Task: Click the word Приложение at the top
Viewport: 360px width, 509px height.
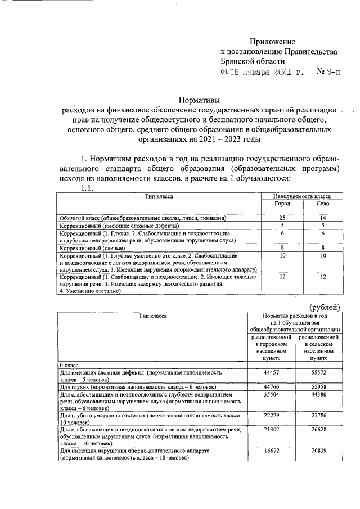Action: tap(272, 42)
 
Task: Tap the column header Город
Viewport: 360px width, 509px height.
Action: tap(282, 204)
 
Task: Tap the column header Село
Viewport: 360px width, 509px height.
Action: tap(322, 204)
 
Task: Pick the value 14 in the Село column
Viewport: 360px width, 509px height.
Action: tap(322, 217)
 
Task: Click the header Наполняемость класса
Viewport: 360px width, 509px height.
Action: tap(302, 196)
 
